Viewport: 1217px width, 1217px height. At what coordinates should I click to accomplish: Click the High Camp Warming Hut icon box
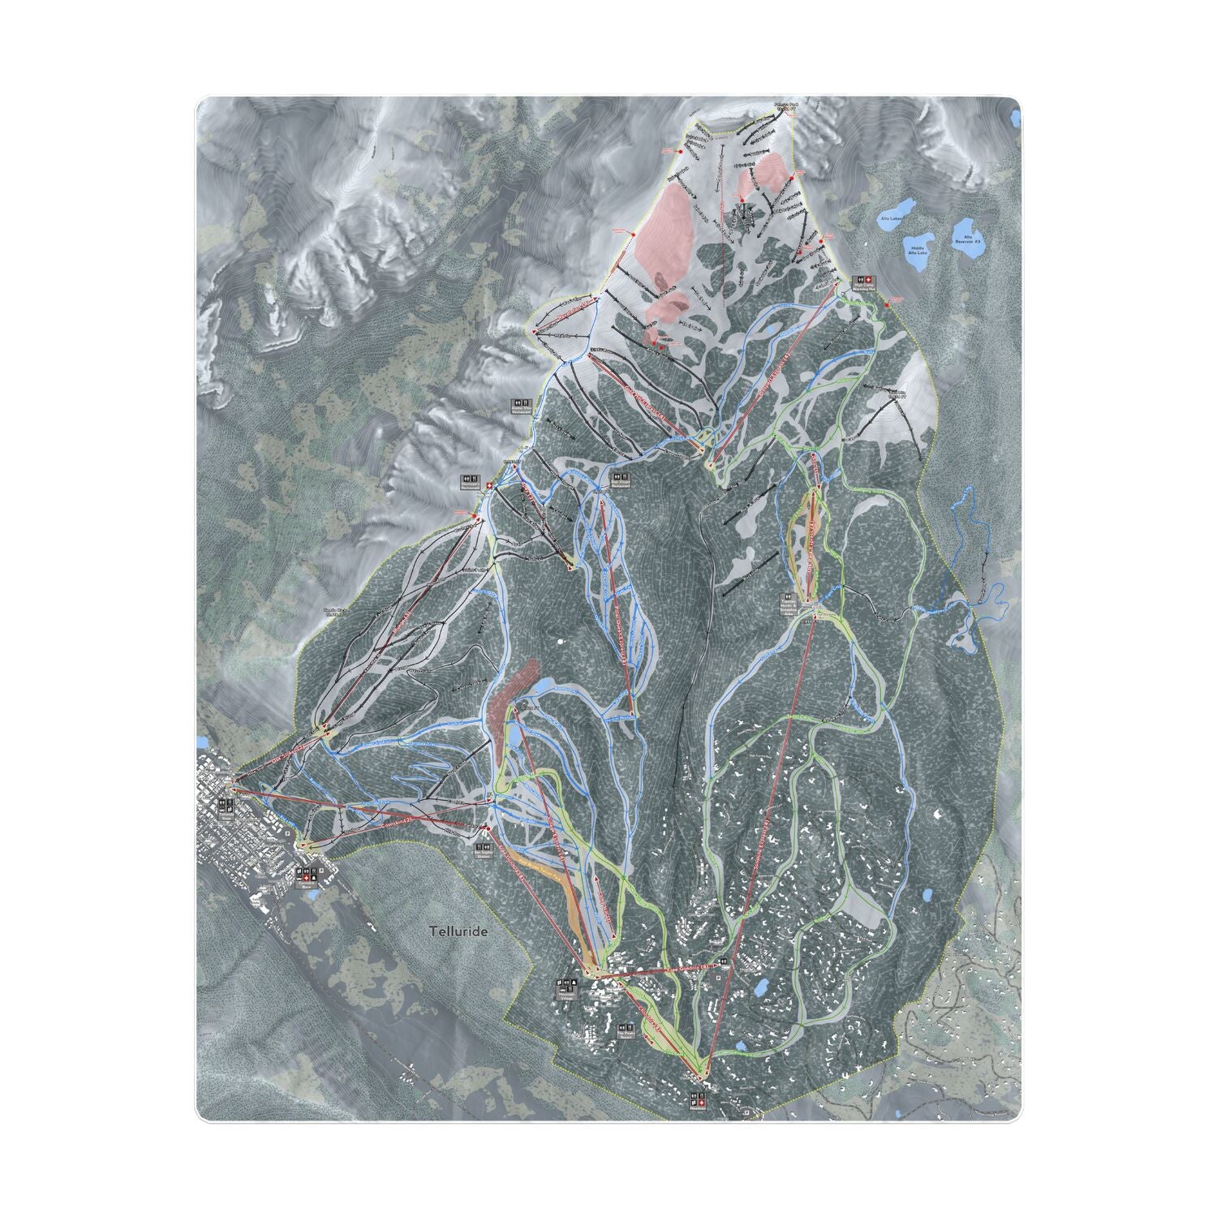pos(860,279)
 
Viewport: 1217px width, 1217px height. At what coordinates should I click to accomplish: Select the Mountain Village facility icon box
pos(565,985)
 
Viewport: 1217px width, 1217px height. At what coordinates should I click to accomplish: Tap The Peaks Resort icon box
pos(626,1025)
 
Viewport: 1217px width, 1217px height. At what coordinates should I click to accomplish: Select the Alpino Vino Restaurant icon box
pos(520,402)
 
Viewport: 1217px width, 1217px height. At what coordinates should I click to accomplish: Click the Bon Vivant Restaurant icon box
pos(622,475)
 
